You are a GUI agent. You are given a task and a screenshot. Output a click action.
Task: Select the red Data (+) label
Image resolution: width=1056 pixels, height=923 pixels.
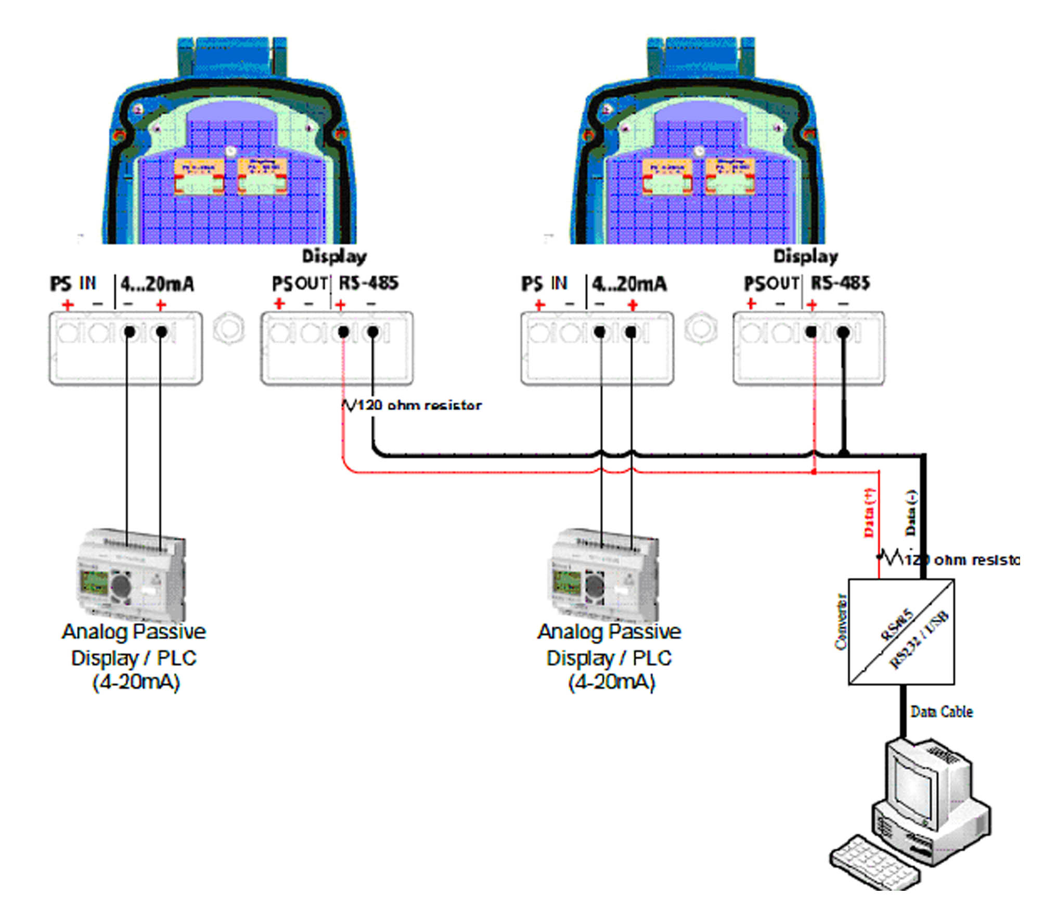click(x=869, y=512)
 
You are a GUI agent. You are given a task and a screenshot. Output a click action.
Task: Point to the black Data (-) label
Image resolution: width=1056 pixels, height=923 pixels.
click(x=911, y=512)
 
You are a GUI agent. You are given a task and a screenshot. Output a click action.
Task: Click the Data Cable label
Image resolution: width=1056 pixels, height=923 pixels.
click(x=941, y=712)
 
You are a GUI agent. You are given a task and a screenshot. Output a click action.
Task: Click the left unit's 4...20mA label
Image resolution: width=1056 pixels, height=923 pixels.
click(x=157, y=284)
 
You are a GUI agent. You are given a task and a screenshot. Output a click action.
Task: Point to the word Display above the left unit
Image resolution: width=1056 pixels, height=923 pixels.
click(x=334, y=256)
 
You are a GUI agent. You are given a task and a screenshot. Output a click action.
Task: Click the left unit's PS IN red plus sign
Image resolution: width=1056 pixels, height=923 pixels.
click(x=68, y=305)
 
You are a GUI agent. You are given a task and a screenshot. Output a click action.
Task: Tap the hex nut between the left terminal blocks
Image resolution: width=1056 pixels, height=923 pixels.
click(x=228, y=329)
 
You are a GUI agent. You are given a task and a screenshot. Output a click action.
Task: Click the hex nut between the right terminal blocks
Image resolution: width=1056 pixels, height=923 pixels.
click(x=701, y=329)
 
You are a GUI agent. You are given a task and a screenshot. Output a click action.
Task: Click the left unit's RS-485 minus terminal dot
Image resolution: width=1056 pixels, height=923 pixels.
click(x=372, y=331)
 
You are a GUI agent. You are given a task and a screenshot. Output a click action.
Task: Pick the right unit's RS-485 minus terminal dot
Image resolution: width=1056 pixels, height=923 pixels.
click(x=843, y=331)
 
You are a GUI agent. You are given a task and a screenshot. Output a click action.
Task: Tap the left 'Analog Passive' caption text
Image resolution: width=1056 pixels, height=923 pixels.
click(x=134, y=632)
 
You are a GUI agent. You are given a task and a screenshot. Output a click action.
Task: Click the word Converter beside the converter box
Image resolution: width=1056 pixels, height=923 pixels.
click(x=840, y=622)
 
